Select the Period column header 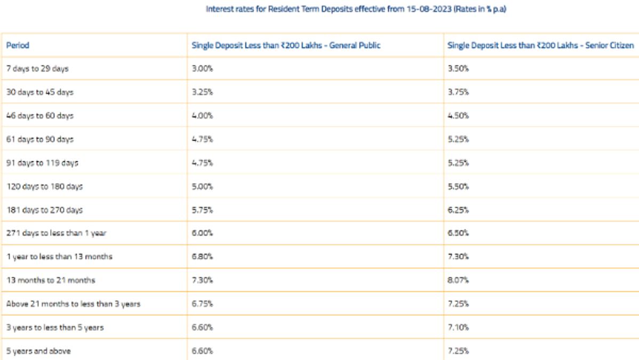pos(18,45)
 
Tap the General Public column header pos(286,45)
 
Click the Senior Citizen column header pos(540,45)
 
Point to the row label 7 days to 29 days pos(37,68)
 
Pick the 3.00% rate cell pos(202,68)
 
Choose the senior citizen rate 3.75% pos(458,92)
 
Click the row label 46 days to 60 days pos(40,116)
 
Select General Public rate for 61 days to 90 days pos(202,139)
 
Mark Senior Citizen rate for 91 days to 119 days pos(458,163)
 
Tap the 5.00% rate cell pos(202,186)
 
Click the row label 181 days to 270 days pos(44,210)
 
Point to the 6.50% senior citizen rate pos(458,233)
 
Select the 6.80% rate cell pos(202,257)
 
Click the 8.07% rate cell pos(458,280)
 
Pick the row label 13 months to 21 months pos(51,280)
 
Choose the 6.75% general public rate pos(202,304)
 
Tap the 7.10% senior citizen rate pos(458,327)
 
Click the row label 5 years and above pos(38,351)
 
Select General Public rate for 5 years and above pos(202,351)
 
